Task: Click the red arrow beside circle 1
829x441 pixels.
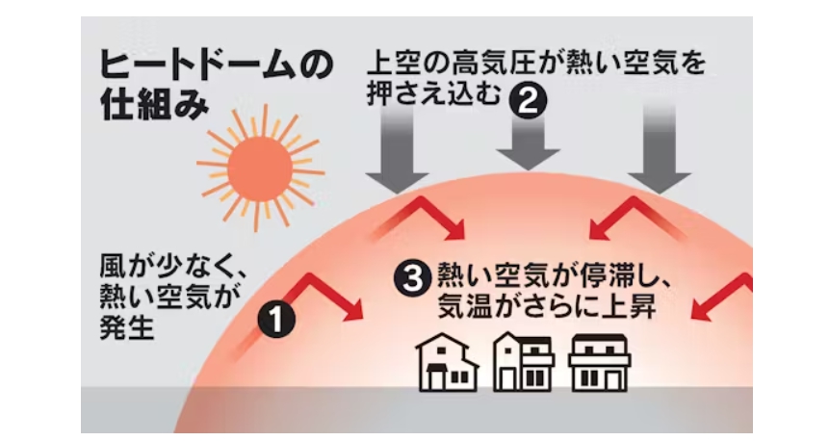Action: [327, 297]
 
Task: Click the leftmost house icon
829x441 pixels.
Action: [446, 363]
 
